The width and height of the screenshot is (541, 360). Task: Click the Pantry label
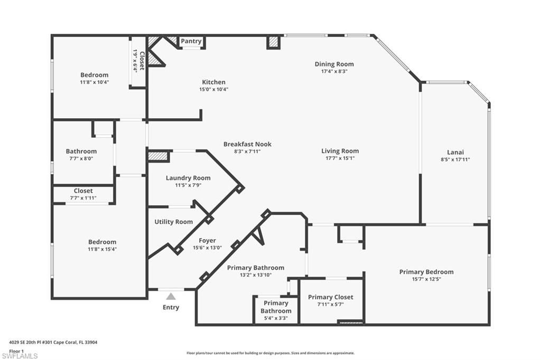pos(191,41)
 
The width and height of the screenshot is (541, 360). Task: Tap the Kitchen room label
pos(213,82)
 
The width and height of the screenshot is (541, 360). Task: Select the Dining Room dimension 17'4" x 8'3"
pos(334,71)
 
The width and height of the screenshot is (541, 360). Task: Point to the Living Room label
pos(340,150)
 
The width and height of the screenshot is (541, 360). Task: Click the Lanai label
pos(455,152)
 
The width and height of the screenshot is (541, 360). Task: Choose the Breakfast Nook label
pos(247,144)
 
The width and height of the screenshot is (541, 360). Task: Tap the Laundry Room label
pos(188,178)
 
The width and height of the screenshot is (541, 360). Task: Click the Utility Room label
pos(173,222)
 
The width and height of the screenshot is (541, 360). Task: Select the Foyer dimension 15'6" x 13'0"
pos(207,248)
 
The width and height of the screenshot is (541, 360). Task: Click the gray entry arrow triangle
pos(171,296)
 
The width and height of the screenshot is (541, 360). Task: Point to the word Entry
pos(171,307)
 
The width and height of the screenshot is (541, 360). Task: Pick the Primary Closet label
pos(331,297)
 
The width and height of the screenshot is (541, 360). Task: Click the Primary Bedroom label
pos(426,272)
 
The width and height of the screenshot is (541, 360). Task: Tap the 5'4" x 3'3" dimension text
pos(276,318)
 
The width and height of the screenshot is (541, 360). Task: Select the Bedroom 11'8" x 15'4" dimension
pos(102,249)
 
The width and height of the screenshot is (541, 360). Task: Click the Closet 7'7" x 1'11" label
pos(83,191)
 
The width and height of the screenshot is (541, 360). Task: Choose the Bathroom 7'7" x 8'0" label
pos(81,151)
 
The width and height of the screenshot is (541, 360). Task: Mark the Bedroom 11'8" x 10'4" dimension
pos(94,82)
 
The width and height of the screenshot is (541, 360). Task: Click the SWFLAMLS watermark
pos(20,356)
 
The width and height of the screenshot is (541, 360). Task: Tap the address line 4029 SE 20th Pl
pos(53,343)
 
